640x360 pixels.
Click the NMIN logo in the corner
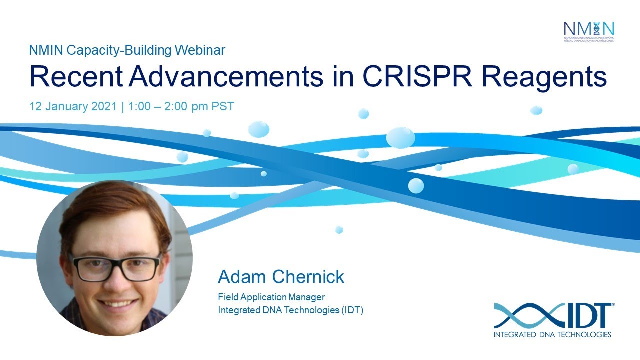588,31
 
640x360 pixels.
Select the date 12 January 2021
73,106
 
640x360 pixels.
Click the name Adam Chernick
281,277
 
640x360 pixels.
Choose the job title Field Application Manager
271,298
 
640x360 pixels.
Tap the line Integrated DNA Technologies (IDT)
290,310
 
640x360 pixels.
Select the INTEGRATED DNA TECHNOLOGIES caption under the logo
552,334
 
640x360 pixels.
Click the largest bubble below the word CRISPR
400,137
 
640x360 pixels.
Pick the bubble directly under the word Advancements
258,129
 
